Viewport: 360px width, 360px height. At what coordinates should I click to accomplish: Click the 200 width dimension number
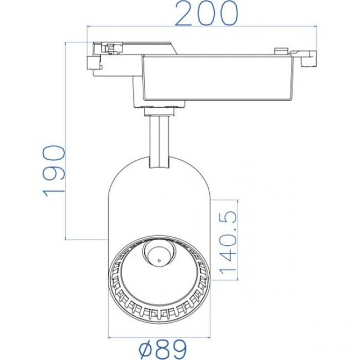205,13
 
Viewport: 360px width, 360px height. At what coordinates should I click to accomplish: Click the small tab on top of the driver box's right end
277,51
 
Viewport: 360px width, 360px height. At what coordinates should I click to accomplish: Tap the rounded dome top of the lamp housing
159,169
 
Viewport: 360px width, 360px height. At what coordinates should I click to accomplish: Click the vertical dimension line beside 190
67,141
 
